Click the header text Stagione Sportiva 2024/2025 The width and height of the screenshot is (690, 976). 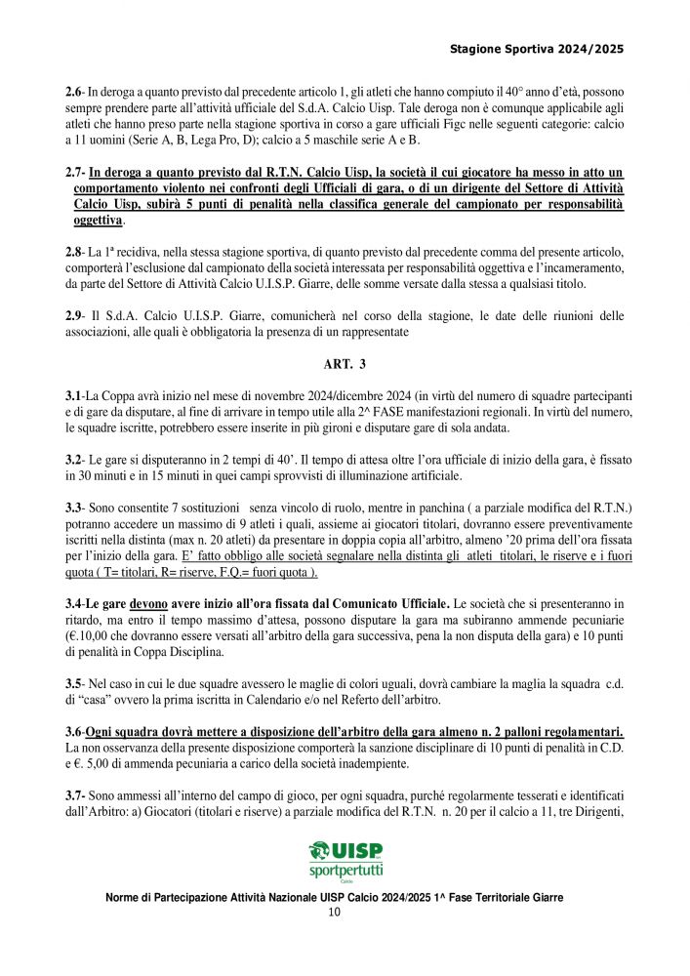(536, 48)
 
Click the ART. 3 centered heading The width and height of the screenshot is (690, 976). (345, 365)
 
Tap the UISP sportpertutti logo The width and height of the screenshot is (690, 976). (345, 861)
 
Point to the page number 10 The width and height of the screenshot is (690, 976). (334, 914)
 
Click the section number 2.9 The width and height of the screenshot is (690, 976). (73, 316)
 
